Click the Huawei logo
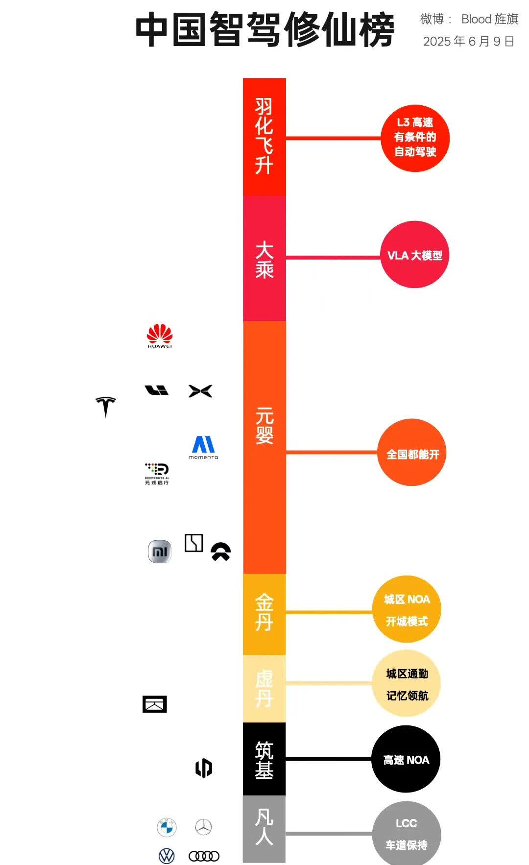(160, 336)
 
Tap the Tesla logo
(106, 406)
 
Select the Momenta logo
(203, 447)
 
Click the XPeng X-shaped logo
(200, 391)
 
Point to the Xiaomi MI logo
(160, 552)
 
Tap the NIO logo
(220, 552)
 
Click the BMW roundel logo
(167, 827)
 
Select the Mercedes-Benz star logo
(203, 827)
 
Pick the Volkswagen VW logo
(167, 856)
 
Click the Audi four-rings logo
(204, 856)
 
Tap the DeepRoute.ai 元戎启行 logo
(157, 474)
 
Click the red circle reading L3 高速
(415, 138)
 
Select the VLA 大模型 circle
(414, 255)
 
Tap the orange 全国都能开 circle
(412, 453)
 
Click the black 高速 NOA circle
(406, 759)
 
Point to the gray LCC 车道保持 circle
(407, 834)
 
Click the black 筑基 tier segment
(264, 759)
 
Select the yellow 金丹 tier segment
(264, 614)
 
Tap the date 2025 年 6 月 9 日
(469, 41)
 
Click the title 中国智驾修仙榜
(264, 29)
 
